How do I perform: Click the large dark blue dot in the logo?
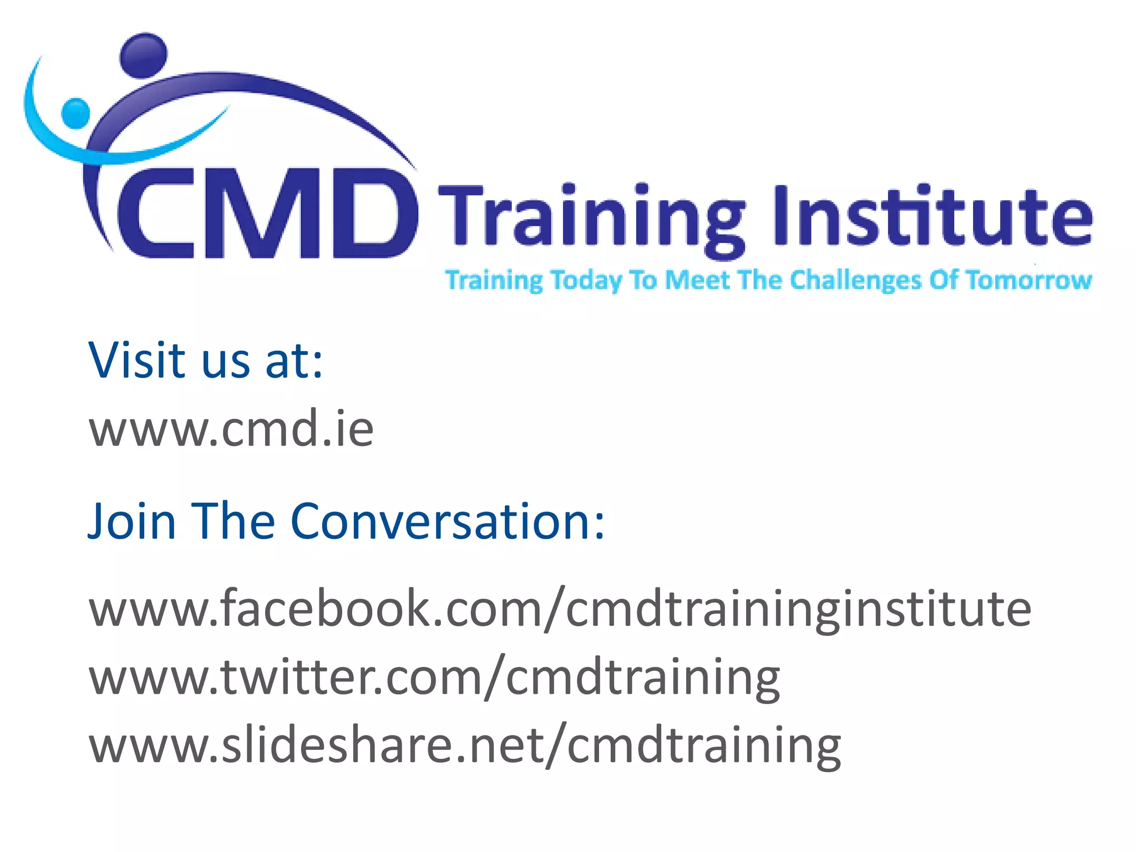tap(143, 54)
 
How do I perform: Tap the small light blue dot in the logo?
tap(75, 113)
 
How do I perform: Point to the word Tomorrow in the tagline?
tap(1029, 280)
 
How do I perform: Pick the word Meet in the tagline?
tap(697, 280)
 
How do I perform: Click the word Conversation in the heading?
tap(447, 521)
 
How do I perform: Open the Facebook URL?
tap(560, 609)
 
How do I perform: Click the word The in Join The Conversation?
tap(233, 521)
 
